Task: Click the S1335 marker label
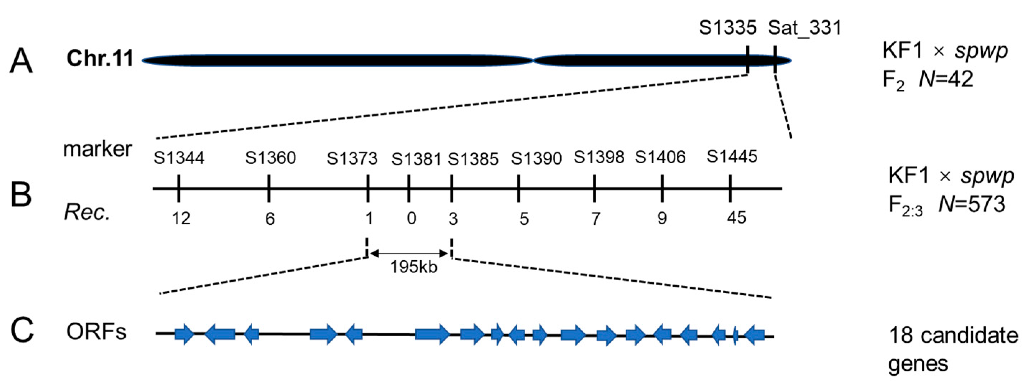(x=727, y=28)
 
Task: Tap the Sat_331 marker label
(x=805, y=28)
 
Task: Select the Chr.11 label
(x=100, y=58)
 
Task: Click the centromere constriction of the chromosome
(x=533, y=61)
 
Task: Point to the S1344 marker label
(x=179, y=158)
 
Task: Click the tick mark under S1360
(x=269, y=188)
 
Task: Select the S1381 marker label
(x=416, y=159)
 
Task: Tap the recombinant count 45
(x=736, y=217)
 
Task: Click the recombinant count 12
(x=181, y=219)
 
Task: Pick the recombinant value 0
(x=411, y=219)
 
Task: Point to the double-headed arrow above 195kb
(x=409, y=253)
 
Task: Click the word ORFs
(x=96, y=332)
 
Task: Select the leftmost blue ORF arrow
(x=184, y=334)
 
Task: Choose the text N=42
(x=946, y=79)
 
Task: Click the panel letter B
(x=21, y=195)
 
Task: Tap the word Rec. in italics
(x=87, y=213)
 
